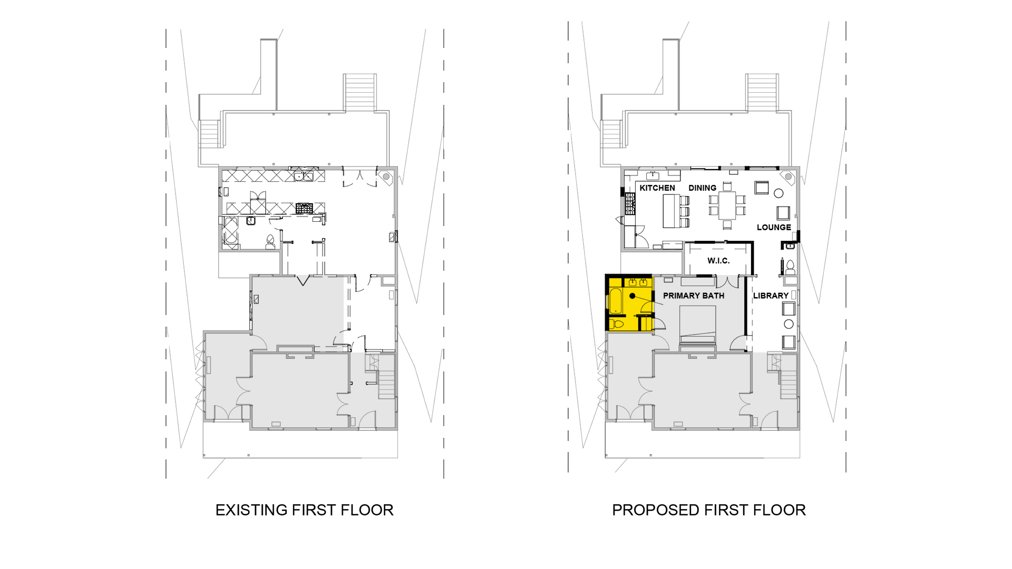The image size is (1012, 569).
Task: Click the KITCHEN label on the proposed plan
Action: pos(657,188)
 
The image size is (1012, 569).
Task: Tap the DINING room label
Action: pos(702,188)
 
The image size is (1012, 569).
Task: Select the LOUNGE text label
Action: pos(774,228)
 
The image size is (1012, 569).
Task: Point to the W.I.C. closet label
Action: pos(718,261)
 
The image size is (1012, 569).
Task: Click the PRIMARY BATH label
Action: pos(694,296)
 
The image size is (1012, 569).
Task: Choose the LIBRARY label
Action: pos(771,296)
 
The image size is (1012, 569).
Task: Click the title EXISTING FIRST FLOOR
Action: pos(305,510)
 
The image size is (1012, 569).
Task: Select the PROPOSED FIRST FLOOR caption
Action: pos(709,510)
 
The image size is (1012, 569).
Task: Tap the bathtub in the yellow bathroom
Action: pos(616,300)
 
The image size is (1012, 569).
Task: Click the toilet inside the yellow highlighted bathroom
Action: pos(617,323)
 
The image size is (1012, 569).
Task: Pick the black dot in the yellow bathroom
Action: pos(632,296)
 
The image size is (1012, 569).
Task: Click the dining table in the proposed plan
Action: pos(727,205)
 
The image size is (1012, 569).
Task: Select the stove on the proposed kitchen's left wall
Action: pos(629,203)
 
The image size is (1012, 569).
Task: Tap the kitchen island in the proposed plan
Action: pos(672,211)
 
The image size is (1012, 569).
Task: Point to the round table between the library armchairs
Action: pos(789,323)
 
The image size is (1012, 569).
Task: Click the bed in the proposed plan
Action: pos(697,325)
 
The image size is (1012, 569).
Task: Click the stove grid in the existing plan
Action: pos(304,208)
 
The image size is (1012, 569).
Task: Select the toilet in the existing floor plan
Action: pos(270,242)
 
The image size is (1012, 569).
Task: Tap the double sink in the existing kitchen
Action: pos(303,176)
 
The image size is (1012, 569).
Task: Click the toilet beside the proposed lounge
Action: pos(790,268)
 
